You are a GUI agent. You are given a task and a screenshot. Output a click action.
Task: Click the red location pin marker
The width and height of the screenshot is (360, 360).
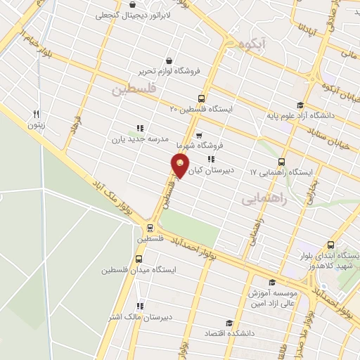[x=180, y=166]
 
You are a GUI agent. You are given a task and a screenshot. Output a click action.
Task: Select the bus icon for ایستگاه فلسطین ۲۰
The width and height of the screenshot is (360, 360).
[x=202, y=98]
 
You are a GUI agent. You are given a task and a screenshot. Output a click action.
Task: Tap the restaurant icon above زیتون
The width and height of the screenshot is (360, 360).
[x=36, y=114]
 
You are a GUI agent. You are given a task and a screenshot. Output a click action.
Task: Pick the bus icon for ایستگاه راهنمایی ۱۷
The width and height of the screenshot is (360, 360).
[x=281, y=161]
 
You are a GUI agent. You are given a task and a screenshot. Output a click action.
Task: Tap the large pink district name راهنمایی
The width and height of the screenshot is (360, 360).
[x=265, y=199]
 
